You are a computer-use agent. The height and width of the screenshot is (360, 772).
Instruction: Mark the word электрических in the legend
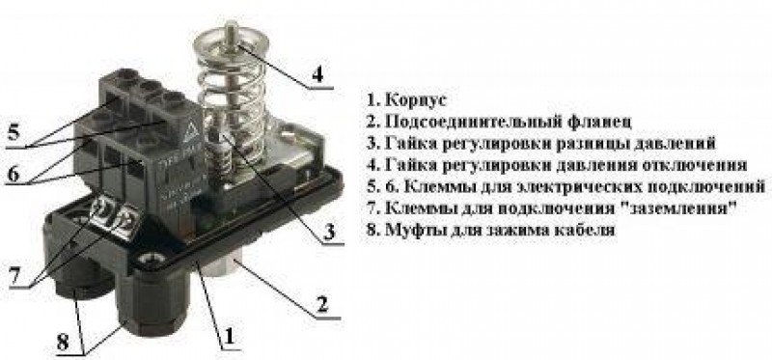(578, 186)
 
